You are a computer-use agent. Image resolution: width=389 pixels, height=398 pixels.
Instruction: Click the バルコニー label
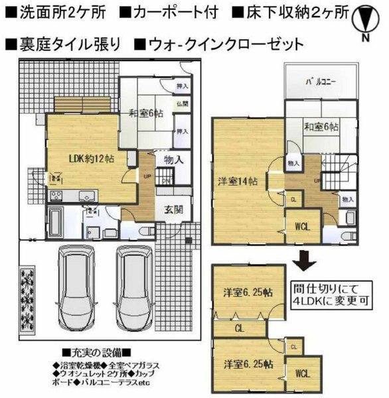[321, 83]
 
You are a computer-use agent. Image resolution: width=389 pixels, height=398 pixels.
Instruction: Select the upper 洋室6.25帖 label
[247, 293]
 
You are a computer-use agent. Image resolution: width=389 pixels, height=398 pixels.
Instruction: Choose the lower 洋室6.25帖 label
[247, 364]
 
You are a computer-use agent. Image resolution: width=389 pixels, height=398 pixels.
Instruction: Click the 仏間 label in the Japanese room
[182, 104]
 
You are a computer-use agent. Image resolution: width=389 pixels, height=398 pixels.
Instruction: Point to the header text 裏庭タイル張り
[63, 45]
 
